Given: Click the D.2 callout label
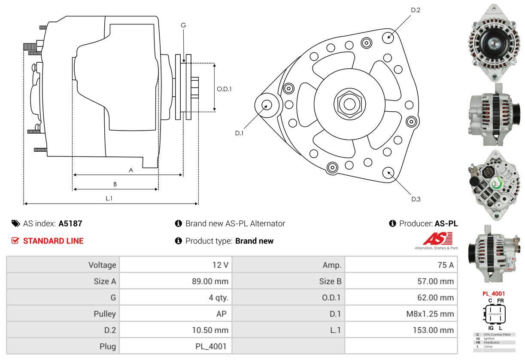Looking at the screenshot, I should pos(415,10).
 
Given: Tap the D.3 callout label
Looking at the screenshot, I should pos(416,199).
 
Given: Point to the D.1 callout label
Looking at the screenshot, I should pos(239,133).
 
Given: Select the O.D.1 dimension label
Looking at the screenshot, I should pos(224,89).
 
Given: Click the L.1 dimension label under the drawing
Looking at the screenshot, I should pos(109,198).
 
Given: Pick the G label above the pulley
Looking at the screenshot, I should pos(183,25).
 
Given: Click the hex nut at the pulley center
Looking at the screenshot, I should pos(347,104).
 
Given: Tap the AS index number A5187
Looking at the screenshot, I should pos(70,223).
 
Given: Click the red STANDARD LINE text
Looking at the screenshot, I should pos(53,241).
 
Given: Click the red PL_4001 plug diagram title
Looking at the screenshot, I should pos(493,294).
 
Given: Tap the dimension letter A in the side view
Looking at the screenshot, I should pos(131,170).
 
